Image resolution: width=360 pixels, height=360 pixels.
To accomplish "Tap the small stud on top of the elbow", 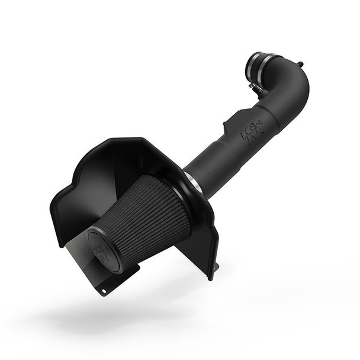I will [301, 64].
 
